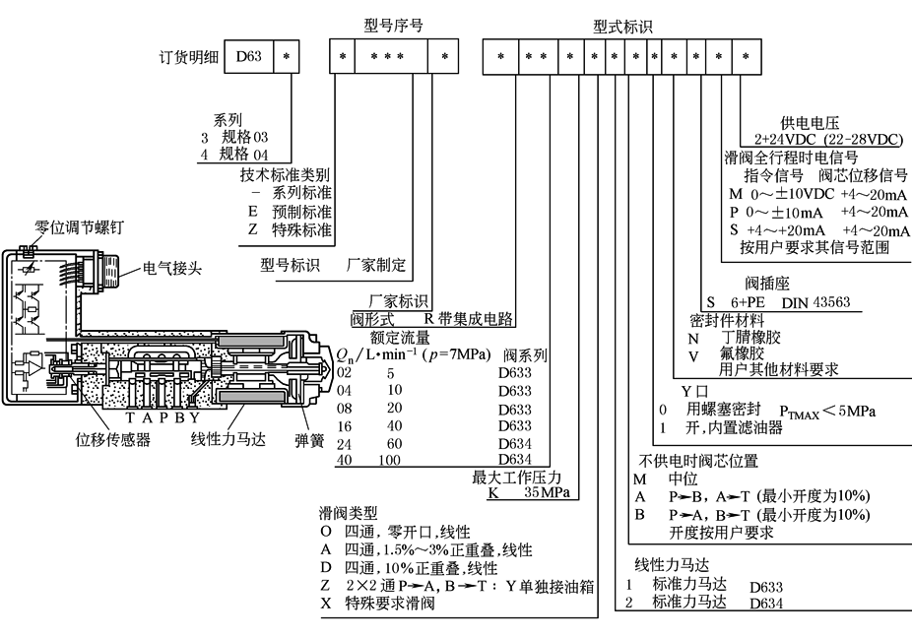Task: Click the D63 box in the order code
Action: coord(248,57)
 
